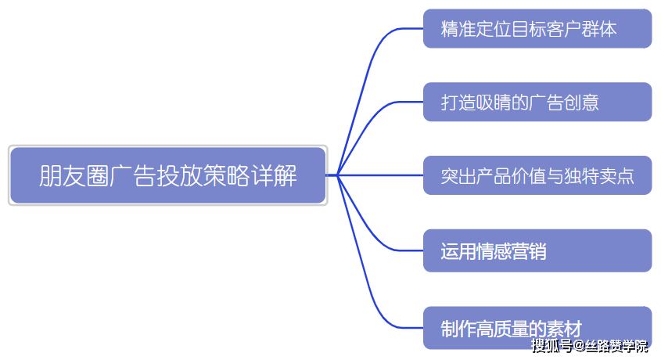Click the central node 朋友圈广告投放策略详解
tap(167, 175)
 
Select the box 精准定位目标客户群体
tap(537, 29)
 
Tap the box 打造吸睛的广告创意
tap(537, 102)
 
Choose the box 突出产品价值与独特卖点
tap(537, 175)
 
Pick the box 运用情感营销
tap(537, 250)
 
